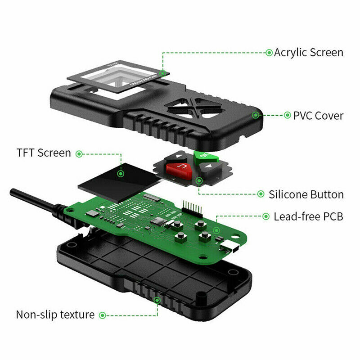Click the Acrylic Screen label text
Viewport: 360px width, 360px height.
[x=309, y=52]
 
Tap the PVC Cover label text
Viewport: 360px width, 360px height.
[x=318, y=116]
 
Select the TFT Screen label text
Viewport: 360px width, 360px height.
[x=44, y=153]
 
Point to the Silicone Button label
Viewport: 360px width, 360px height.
[x=306, y=194]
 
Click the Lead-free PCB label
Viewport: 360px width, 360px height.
[x=308, y=216]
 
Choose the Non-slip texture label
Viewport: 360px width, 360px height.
[x=55, y=315]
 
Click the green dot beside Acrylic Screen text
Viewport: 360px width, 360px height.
[x=269, y=52]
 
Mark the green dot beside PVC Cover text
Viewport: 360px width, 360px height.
[x=287, y=115]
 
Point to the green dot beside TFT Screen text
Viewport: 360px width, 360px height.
[x=79, y=153]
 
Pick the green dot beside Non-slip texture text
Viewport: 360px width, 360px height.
[x=102, y=315]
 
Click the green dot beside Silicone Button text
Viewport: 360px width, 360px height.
[x=261, y=194]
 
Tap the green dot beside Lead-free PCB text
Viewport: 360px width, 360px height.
[x=265, y=216]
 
